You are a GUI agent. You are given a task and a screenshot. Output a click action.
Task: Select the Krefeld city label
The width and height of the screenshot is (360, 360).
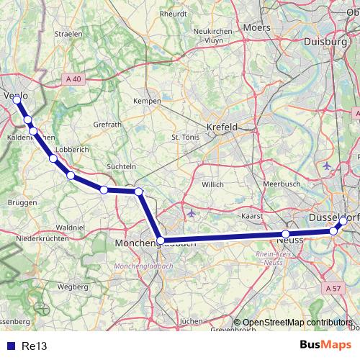tap(222, 127)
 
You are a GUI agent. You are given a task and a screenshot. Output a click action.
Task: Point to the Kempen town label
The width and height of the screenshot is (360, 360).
tap(147, 102)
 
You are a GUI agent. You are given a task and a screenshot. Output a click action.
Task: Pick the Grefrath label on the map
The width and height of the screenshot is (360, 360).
tap(107, 124)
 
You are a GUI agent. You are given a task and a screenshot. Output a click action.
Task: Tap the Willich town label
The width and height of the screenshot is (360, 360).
tap(213, 184)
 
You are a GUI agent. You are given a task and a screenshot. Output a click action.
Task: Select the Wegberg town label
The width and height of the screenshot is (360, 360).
tap(72, 287)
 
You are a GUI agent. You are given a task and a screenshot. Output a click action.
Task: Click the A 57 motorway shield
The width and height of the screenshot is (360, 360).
tap(333, 287)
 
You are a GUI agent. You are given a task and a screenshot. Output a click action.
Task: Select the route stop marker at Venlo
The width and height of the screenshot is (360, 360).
tap(16, 100)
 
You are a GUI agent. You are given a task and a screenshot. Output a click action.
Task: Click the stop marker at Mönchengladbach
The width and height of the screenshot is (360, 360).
tap(161, 241)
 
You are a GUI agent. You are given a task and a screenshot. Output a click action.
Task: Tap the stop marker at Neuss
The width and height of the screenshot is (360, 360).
tap(286, 234)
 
